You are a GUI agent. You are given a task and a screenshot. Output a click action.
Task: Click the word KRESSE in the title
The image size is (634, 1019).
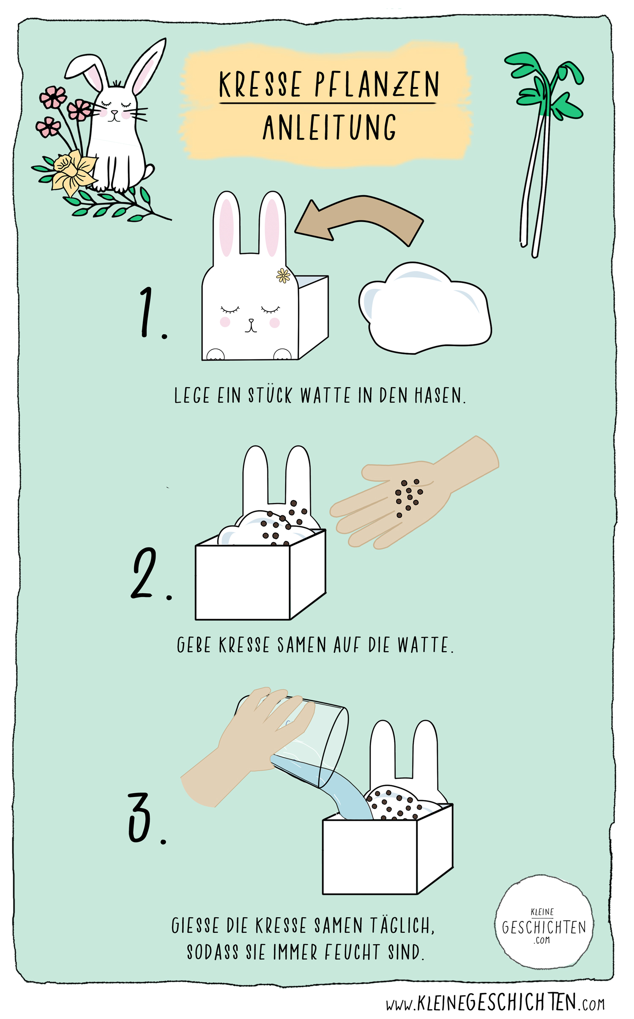coord(260,84)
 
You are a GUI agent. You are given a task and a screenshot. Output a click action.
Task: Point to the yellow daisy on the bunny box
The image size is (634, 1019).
coord(283,276)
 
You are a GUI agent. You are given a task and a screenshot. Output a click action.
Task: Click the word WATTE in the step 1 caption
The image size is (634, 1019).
coord(325,395)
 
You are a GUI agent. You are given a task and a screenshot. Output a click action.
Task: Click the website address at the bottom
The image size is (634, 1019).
coord(495,1003)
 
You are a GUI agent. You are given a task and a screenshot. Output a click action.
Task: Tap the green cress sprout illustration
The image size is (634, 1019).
coord(544,152)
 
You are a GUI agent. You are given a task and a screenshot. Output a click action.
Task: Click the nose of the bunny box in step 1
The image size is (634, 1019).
coord(251,320)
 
